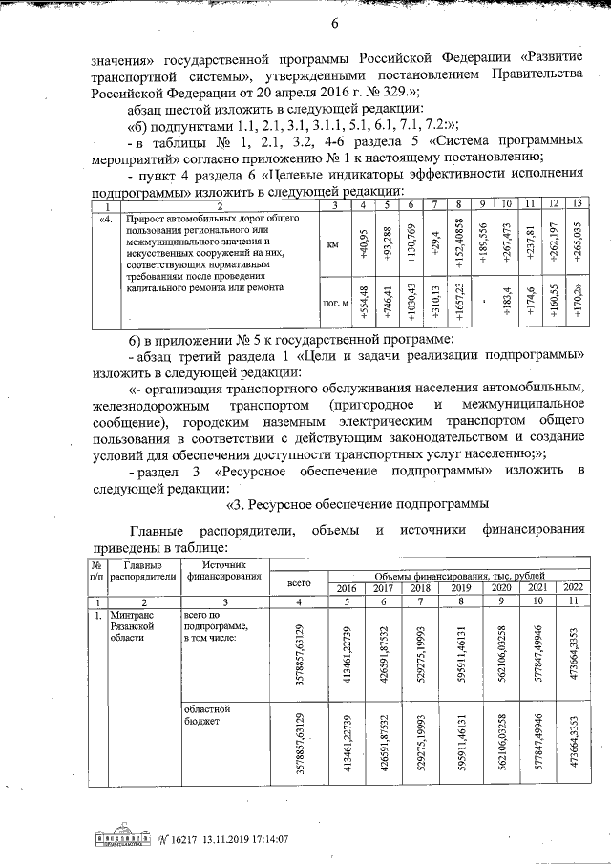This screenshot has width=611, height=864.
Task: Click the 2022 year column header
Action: pos(573,587)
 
